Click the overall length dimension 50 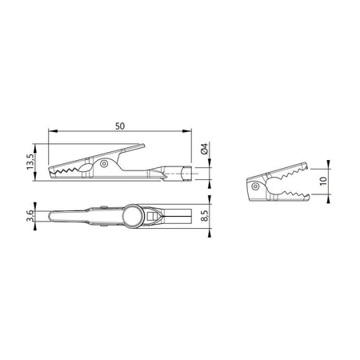(120, 126)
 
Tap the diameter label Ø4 (206, 147)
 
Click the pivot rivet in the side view (101, 165)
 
